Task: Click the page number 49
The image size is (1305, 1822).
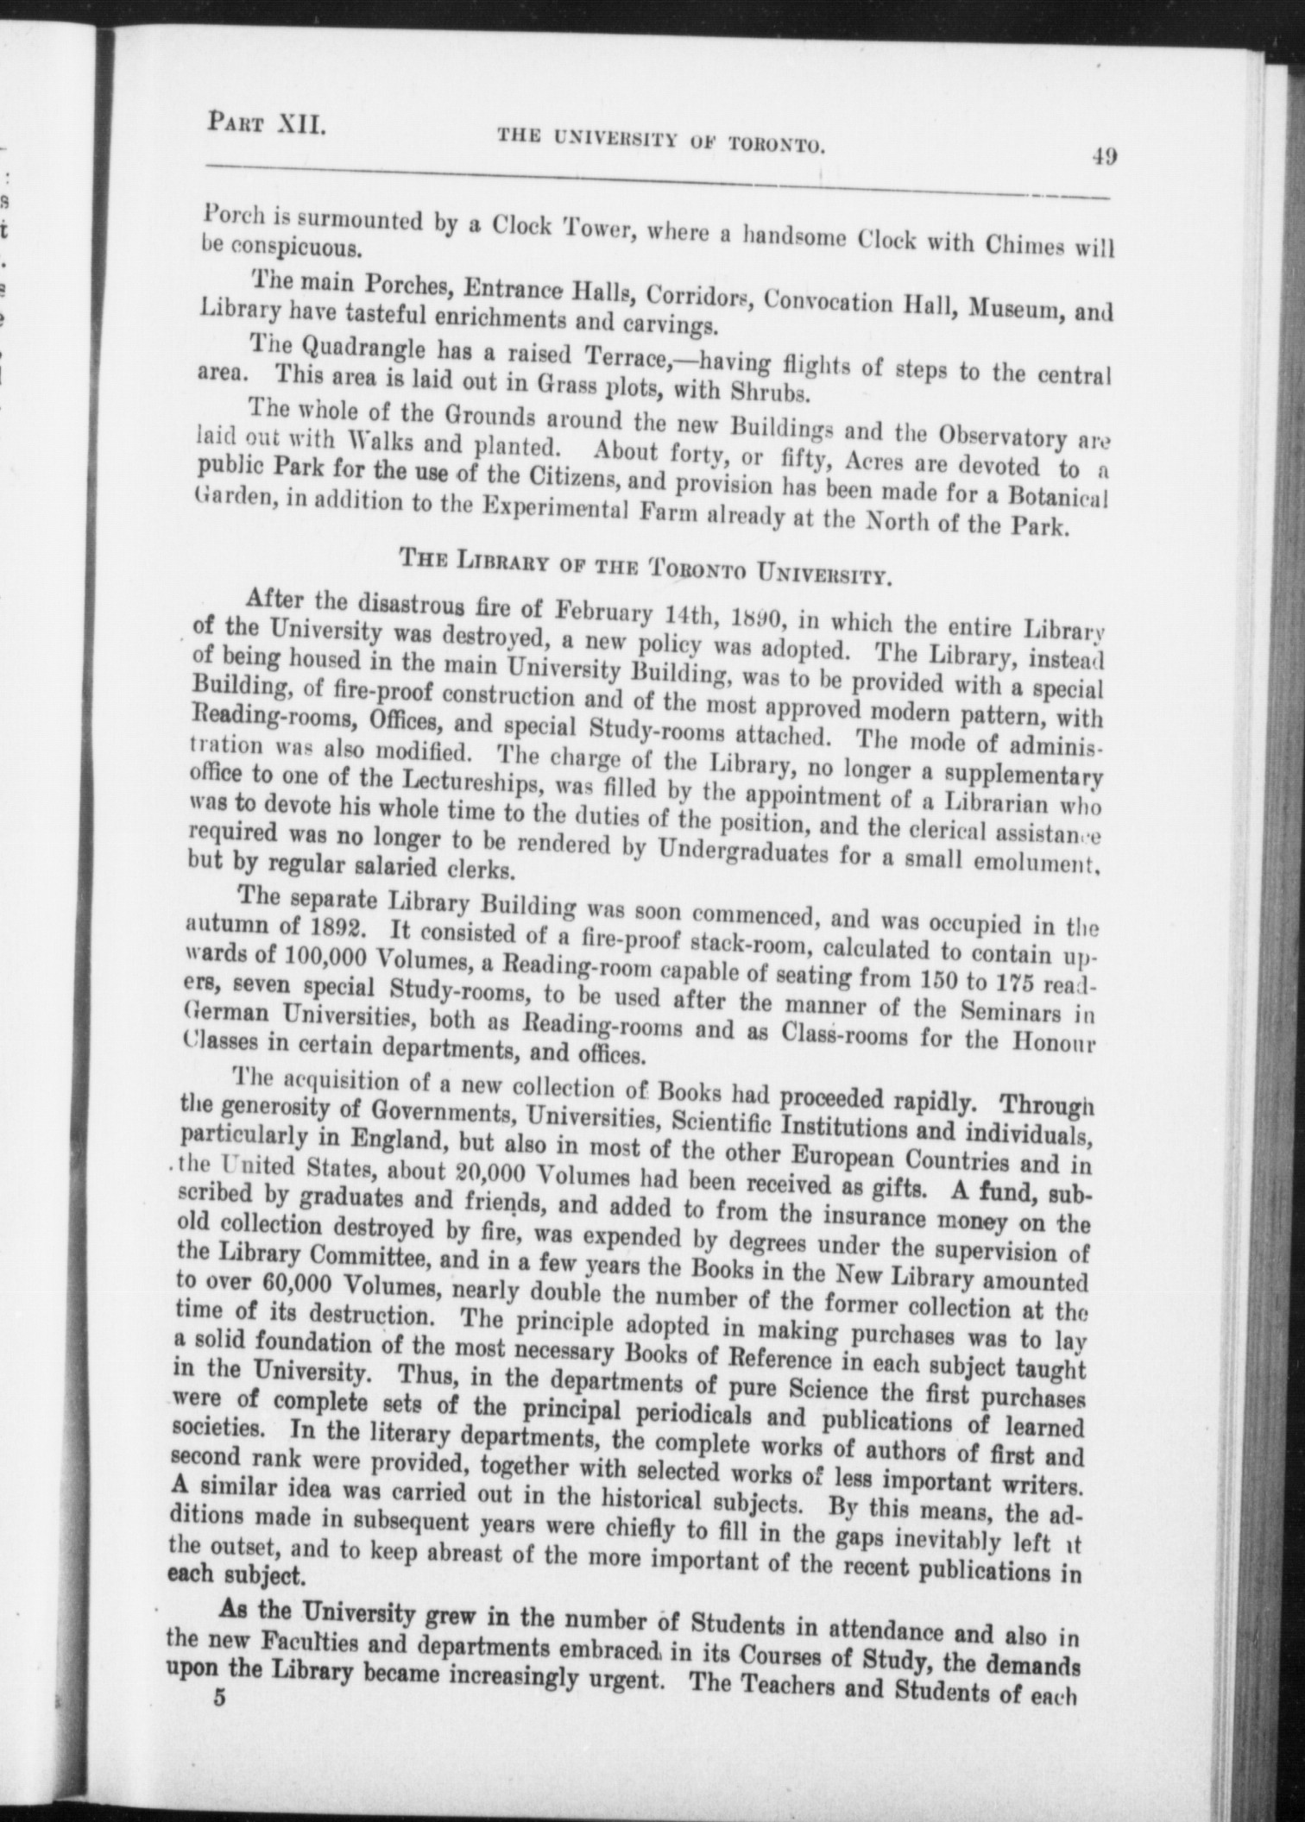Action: tap(1104, 158)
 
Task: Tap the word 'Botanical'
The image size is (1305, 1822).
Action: tap(1057, 498)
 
